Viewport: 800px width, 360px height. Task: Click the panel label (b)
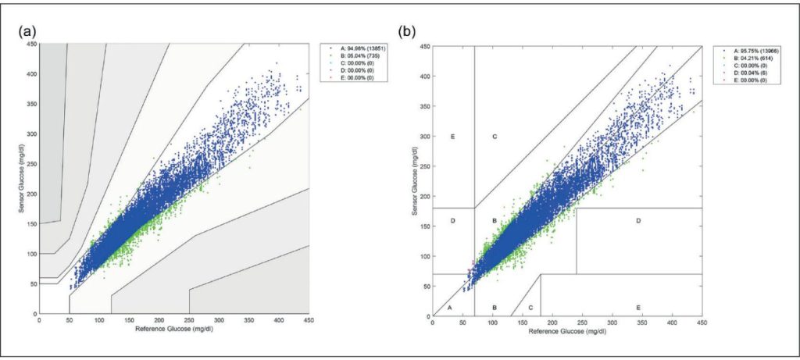(406, 32)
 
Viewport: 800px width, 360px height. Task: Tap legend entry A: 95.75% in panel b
(745, 50)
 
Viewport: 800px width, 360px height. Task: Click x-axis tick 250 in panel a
(189, 320)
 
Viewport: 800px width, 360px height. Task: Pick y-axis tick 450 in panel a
(32, 44)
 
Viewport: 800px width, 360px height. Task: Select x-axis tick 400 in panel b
(673, 322)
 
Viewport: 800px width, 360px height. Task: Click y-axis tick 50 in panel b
(427, 286)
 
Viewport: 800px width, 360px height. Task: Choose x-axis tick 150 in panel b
(523, 322)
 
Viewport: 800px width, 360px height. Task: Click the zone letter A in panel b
(450, 308)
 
